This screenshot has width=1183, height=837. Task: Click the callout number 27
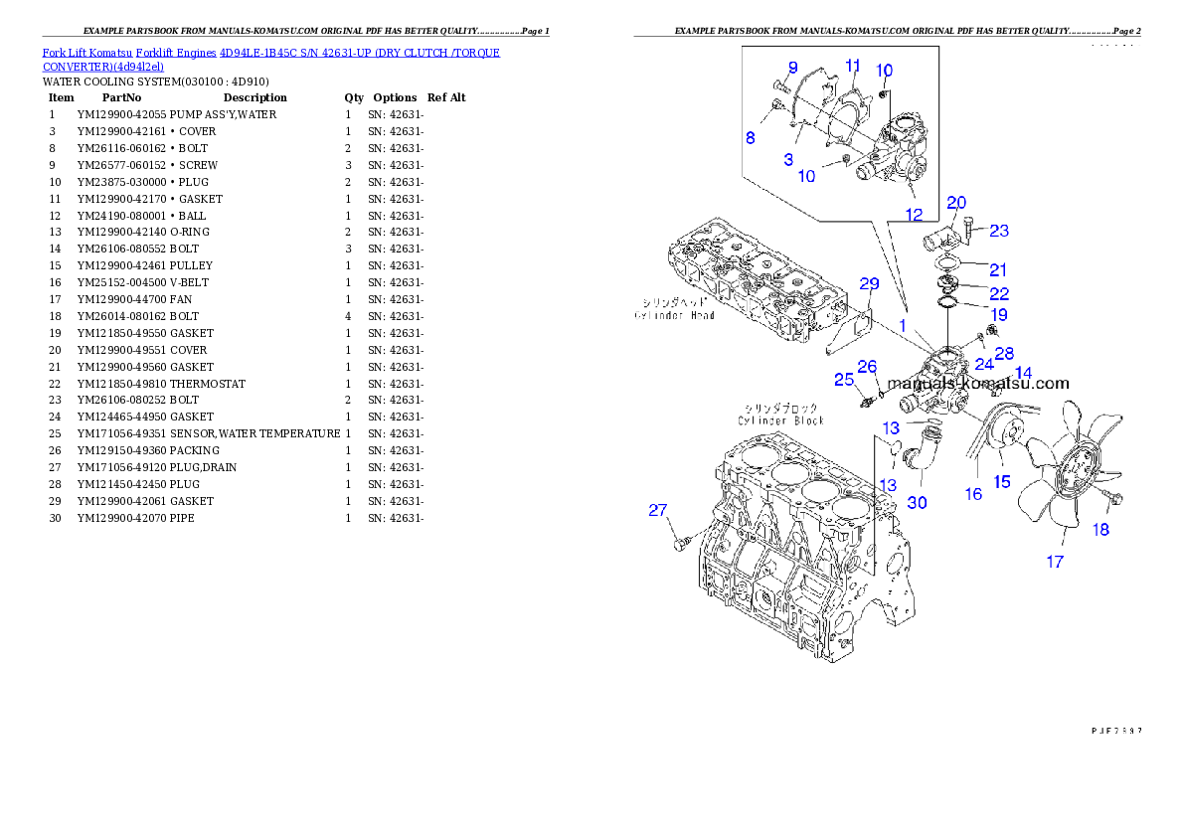click(x=657, y=511)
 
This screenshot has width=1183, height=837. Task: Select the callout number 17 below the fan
click(x=1055, y=562)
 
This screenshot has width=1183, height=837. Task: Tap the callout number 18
click(x=1100, y=530)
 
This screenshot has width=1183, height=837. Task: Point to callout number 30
click(x=917, y=503)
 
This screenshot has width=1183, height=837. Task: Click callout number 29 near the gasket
click(x=869, y=284)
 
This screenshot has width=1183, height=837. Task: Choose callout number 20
click(x=956, y=203)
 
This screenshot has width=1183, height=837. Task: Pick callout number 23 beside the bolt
click(x=999, y=231)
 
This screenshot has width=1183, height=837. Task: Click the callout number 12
click(x=914, y=214)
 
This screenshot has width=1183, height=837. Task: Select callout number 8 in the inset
click(x=751, y=138)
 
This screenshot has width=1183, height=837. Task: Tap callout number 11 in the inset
click(x=853, y=66)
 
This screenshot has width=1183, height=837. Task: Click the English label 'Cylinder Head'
click(x=675, y=315)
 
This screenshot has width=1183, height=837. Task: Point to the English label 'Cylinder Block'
click(x=780, y=420)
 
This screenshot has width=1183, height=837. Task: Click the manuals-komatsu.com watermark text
click(x=978, y=383)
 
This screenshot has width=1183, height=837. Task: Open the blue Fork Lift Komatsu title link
click(x=270, y=59)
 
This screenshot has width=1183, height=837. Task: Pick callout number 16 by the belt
click(x=973, y=493)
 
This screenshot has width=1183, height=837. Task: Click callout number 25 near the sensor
click(x=844, y=380)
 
